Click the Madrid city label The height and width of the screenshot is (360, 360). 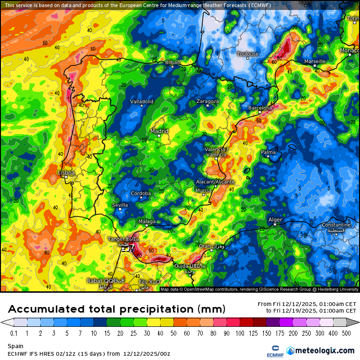[x=159, y=131]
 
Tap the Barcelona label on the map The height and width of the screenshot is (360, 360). [x=260, y=108]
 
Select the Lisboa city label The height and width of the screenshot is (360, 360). [x=66, y=173]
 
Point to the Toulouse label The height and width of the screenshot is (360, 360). [x=248, y=54]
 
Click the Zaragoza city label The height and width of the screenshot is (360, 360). [x=207, y=101]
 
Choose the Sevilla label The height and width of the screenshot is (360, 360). [x=120, y=205]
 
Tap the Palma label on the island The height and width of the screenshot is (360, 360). [x=268, y=153]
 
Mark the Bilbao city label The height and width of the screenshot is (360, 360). [x=172, y=63]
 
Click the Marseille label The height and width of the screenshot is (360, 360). [x=315, y=62]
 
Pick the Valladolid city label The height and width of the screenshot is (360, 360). [x=142, y=101]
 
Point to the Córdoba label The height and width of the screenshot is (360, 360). [x=141, y=193]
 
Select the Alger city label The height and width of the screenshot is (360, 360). [x=275, y=220]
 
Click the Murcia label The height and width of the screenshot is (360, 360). [x=203, y=190]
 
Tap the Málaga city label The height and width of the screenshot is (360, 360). [x=147, y=222]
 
